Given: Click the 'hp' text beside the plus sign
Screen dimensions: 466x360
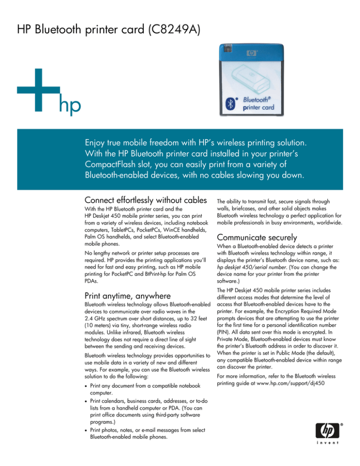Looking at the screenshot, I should click(69, 106).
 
